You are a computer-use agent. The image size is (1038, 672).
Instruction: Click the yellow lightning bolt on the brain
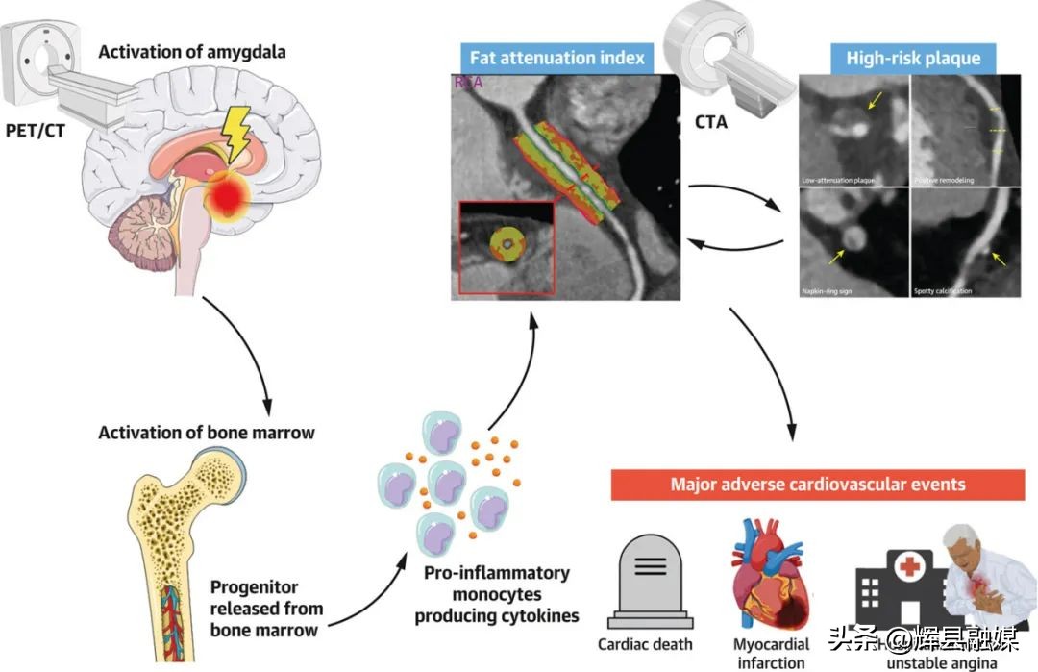(x=236, y=129)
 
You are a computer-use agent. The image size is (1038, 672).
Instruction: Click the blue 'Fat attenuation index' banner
(x=556, y=58)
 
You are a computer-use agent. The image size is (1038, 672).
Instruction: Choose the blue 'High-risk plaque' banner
(x=912, y=58)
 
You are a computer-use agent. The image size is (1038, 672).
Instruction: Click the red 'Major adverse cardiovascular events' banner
(x=817, y=484)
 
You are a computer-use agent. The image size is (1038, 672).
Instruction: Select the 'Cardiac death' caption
(x=645, y=644)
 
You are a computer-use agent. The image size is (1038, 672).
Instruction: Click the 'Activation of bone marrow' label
(x=207, y=432)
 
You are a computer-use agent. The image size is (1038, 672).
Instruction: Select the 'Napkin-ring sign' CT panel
(x=853, y=240)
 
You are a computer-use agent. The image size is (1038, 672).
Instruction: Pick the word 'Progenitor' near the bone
(x=255, y=586)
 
